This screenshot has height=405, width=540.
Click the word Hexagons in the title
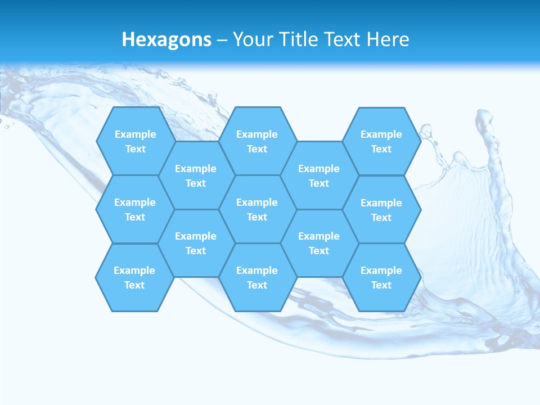pyautogui.click(x=166, y=39)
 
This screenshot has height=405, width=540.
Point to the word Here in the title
pyautogui.click(x=388, y=39)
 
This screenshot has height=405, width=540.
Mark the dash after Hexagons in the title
pyautogui.click(x=222, y=40)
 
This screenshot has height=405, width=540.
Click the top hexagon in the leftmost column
pyautogui.click(x=135, y=141)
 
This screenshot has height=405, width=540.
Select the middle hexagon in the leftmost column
pyautogui.click(x=135, y=209)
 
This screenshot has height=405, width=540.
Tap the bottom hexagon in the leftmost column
pyautogui.click(x=134, y=277)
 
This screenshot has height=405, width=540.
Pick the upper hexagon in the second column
pyautogui.click(x=196, y=175)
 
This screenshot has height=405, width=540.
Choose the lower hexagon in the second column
pyautogui.click(x=196, y=243)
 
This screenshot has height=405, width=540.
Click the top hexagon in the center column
pyautogui.click(x=257, y=141)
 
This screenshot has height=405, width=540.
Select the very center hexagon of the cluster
pyautogui.click(x=257, y=209)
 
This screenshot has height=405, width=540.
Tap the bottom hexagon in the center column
pyautogui.click(x=257, y=277)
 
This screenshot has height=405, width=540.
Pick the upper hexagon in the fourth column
pyautogui.click(x=319, y=175)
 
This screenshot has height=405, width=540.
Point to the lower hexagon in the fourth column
pyautogui.click(x=319, y=243)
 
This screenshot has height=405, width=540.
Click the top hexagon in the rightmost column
pyautogui.click(x=381, y=141)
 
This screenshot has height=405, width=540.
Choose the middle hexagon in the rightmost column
pyautogui.click(x=381, y=210)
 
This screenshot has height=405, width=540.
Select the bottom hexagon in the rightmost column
pyautogui.click(x=381, y=277)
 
